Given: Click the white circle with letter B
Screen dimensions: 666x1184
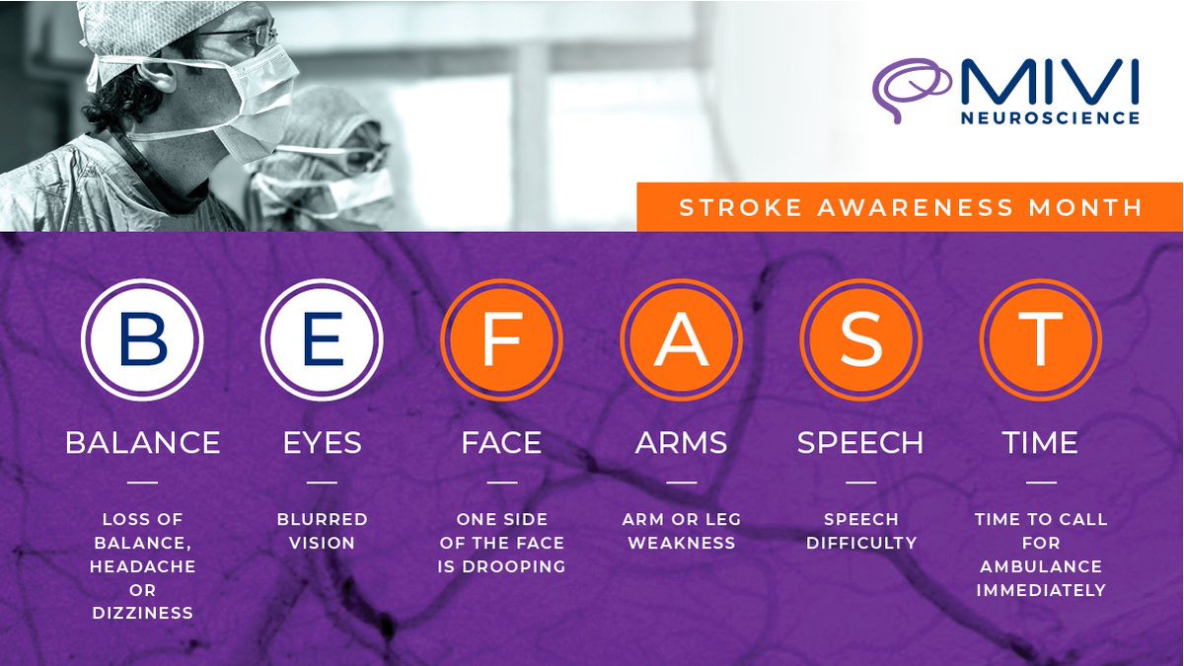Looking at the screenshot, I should (x=142, y=339).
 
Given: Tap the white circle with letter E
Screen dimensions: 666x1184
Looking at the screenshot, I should (x=322, y=339).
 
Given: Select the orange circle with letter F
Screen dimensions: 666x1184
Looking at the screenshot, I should (x=501, y=339).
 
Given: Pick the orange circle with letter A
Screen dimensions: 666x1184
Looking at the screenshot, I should (x=681, y=339).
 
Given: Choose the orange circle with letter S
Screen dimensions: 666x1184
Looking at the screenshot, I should (x=860, y=339).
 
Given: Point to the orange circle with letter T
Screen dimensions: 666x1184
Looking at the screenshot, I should (x=1040, y=339).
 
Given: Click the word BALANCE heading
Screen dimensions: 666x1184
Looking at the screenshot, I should (x=142, y=443).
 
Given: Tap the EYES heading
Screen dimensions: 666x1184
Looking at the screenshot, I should (x=322, y=443).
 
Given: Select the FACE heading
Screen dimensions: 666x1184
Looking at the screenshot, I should (x=501, y=443).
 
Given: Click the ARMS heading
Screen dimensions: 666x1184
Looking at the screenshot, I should (x=681, y=443).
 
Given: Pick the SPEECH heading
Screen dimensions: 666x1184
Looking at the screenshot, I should (x=860, y=443).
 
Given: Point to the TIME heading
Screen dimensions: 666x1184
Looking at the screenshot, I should (x=1040, y=443).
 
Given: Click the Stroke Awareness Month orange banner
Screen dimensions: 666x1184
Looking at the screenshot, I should (x=910, y=207).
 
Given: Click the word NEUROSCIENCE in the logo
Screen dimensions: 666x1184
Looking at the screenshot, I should (x=1050, y=117).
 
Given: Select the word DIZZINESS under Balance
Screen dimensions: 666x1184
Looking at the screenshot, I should (x=142, y=614).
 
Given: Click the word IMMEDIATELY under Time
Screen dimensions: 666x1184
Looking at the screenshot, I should (x=1041, y=590).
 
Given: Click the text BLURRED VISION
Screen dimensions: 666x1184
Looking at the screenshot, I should (x=322, y=531).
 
